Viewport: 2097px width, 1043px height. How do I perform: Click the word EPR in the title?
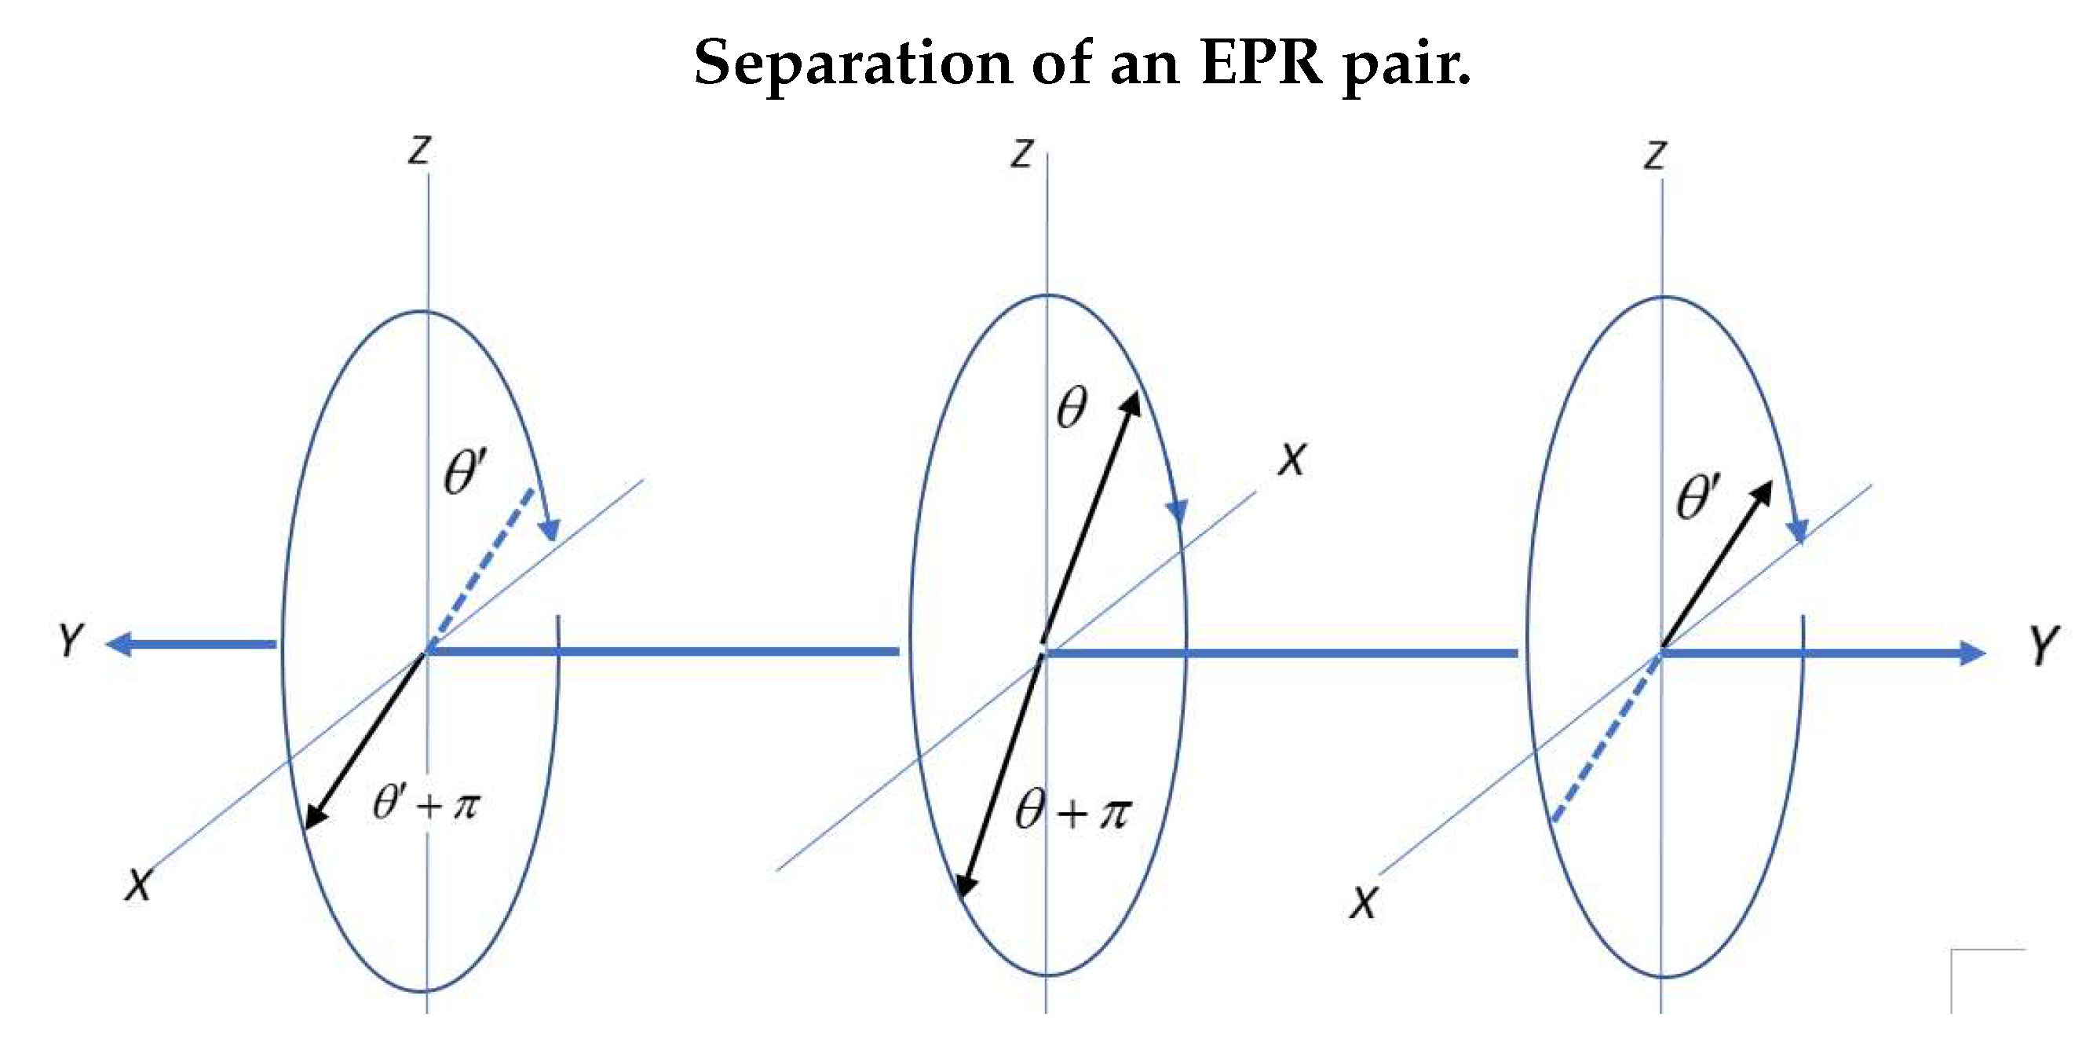click(1260, 63)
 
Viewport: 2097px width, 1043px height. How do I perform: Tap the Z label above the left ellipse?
click(419, 151)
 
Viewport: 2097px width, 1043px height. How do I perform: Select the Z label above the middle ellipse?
click(1021, 153)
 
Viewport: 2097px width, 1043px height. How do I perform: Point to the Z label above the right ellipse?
click(1655, 155)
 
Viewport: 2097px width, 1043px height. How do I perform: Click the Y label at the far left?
click(71, 641)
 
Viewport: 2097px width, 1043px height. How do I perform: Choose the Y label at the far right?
click(2044, 646)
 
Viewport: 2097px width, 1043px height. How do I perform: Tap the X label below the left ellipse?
click(138, 885)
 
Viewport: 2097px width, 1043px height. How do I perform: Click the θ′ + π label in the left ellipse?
click(426, 803)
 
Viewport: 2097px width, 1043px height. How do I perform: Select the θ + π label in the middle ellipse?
click(1073, 812)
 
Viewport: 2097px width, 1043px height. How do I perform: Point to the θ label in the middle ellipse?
click(1072, 407)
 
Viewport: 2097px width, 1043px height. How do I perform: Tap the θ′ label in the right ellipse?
click(1698, 496)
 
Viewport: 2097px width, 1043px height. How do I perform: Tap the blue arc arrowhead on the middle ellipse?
click(1177, 511)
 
